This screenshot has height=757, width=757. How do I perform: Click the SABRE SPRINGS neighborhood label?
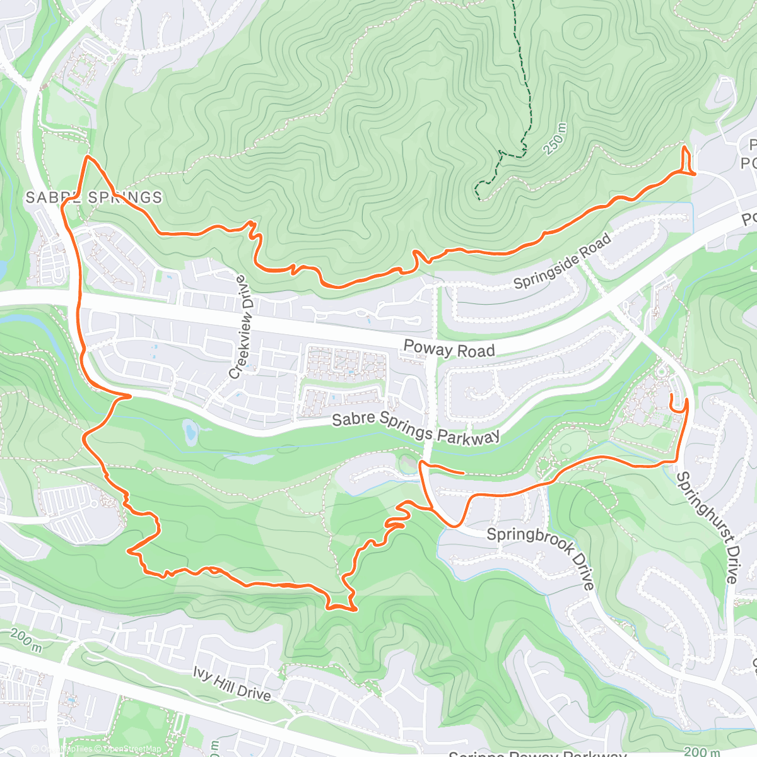tap(94, 197)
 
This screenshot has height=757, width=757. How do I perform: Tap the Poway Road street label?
tap(449, 348)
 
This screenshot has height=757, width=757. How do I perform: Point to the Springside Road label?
tap(562, 261)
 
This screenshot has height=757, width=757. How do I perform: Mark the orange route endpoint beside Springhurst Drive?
tap(671, 396)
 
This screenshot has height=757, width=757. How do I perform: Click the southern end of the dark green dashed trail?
tap(480, 199)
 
